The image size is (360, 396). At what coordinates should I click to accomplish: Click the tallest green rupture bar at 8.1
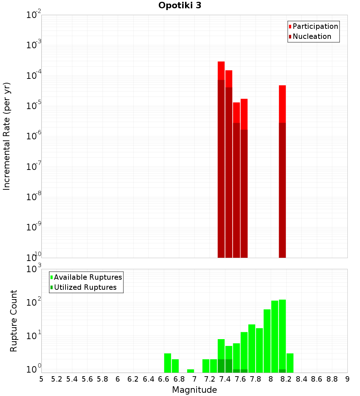tap(282, 335)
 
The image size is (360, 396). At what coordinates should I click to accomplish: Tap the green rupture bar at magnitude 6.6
tap(167, 363)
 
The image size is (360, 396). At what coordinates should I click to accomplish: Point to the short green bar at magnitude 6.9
tap(190, 371)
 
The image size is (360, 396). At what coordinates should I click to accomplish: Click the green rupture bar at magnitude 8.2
tap(290, 363)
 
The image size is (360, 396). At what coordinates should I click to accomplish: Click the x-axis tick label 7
tap(194, 379)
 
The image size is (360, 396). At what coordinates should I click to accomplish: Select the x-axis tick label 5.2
tap(57, 379)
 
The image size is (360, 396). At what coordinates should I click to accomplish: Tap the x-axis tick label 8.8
tap(332, 379)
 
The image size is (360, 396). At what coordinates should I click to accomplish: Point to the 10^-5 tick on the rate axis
tap(35, 106)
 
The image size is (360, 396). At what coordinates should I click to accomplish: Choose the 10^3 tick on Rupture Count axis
tap(35, 269)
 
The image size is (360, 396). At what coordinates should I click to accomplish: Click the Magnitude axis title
tap(194, 390)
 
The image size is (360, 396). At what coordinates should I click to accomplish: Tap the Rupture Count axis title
tap(14, 321)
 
